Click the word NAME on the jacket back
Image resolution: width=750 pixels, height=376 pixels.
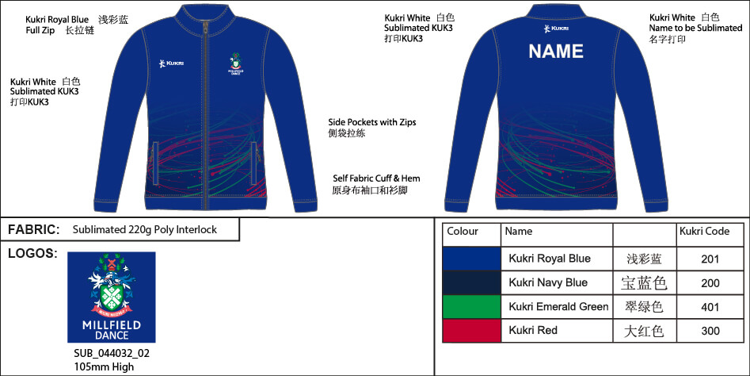point(556,52)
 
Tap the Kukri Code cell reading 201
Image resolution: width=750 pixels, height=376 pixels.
point(710,259)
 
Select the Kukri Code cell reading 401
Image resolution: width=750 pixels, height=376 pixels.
point(710,307)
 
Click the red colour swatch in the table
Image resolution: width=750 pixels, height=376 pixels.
point(471,331)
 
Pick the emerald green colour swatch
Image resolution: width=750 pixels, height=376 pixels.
point(471,307)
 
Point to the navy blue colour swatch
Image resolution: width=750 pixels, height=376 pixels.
point(471,282)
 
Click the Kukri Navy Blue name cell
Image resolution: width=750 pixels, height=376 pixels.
point(548,282)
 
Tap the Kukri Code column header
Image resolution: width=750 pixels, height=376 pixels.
point(704,232)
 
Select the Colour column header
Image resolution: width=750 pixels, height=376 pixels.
point(463,232)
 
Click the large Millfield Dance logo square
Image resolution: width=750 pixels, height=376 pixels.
point(111,297)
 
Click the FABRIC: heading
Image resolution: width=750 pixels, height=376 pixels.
point(34,230)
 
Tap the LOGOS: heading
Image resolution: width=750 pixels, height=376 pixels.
point(32,254)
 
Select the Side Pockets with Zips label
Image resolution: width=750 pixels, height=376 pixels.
point(372,122)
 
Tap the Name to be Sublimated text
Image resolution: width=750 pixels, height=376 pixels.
point(696,28)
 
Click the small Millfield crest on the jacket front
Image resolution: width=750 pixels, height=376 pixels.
point(236,63)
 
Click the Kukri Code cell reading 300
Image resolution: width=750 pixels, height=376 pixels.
point(710,331)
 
